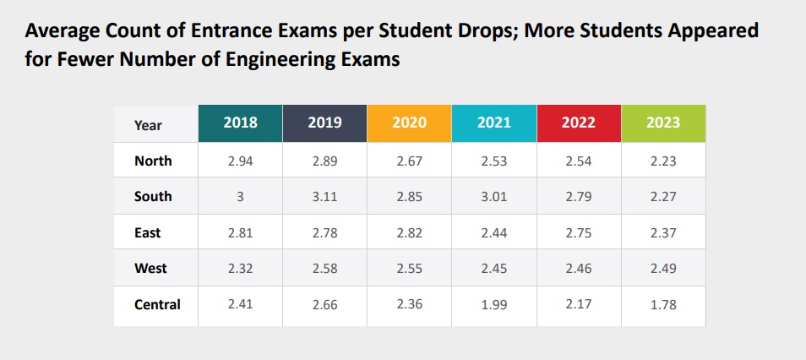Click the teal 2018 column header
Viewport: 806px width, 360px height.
[241, 123]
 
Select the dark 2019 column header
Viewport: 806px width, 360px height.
[325, 123]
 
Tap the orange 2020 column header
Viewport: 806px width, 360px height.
[410, 123]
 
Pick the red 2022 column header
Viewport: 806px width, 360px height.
[579, 123]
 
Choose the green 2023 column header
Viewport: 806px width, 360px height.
[663, 123]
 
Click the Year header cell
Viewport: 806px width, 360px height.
[148, 125]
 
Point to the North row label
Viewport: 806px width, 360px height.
[153, 161]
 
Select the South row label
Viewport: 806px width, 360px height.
[153, 196]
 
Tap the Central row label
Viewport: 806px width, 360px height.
[157, 304]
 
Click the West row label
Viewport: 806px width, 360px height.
[151, 268]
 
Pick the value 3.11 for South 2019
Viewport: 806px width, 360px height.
[325, 196]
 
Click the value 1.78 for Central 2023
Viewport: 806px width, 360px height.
[663, 304]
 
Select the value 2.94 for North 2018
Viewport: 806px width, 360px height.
[241, 161]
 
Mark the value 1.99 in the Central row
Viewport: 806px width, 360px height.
[494, 304]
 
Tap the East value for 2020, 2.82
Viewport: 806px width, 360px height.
[410, 232]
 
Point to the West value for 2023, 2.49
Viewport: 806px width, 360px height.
[663, 268]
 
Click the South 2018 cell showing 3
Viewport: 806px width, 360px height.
[241, 196]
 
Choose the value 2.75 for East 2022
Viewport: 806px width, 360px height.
[579, 232]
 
